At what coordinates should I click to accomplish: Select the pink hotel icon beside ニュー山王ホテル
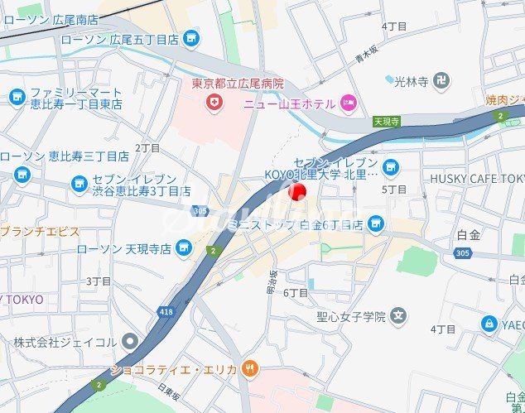349,103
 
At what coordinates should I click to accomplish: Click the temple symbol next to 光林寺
442,80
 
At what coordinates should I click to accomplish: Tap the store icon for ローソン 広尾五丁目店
192,39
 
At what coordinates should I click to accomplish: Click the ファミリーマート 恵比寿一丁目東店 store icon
17,98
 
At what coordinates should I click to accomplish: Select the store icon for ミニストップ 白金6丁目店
377,223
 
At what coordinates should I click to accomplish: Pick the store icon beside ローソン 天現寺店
184,247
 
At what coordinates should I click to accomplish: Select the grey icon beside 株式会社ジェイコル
129,341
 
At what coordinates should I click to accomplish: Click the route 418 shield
166,312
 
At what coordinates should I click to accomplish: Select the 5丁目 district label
394,190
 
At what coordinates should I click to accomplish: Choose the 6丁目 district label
296,292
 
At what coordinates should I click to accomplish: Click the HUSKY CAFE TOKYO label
477,178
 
